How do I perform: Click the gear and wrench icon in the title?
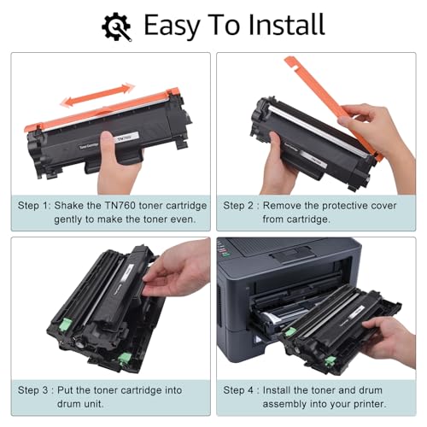coord(116,26)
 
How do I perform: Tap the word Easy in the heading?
coord(176,26)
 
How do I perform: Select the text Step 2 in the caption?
coord(241,206)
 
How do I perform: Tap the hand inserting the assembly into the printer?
coord(393,337)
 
